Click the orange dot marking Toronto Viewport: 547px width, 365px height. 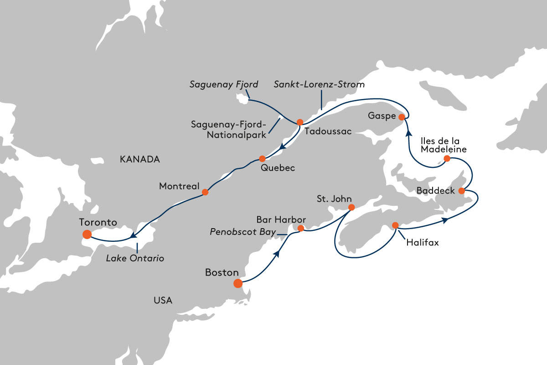(x=87, y=235)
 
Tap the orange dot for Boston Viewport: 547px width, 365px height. (x=237, y=283)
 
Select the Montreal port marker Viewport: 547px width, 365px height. (x=205, y=192)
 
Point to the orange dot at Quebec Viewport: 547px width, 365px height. (x=262, y=159)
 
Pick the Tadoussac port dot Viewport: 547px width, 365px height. (x=300, y=122)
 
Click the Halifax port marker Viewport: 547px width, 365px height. (x=395, y=225)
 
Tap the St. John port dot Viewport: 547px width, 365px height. (x=351, y=207)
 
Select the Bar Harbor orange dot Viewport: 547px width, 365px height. (x=300, y=228)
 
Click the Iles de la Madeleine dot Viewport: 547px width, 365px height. (x=447, y=158)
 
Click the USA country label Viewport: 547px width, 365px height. (x=163, y=300)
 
